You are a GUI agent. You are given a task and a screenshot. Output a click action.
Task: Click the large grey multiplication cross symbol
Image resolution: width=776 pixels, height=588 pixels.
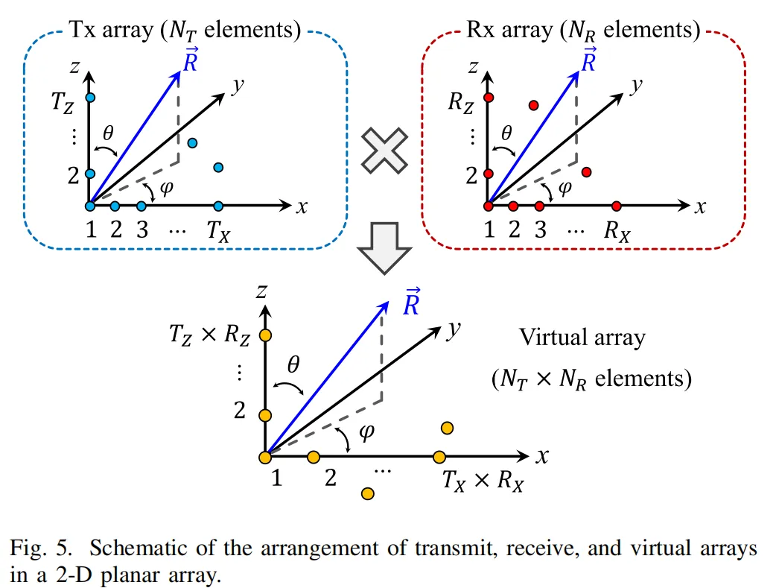[x=385, y=151]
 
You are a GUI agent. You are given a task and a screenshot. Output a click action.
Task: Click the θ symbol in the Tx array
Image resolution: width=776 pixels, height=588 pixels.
[x=109, y=134]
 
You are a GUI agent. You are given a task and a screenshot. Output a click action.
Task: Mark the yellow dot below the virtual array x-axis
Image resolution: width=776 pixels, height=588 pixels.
[x=367, y=493]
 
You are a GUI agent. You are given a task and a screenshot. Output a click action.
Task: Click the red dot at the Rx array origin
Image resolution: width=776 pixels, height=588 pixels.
[x=489, y=206]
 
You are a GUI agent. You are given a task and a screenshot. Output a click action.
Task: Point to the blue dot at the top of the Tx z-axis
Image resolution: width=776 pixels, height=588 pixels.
[x=90, y=98]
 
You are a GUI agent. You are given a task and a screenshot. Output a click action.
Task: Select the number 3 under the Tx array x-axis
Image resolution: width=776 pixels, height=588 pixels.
[x=141, y=230]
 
